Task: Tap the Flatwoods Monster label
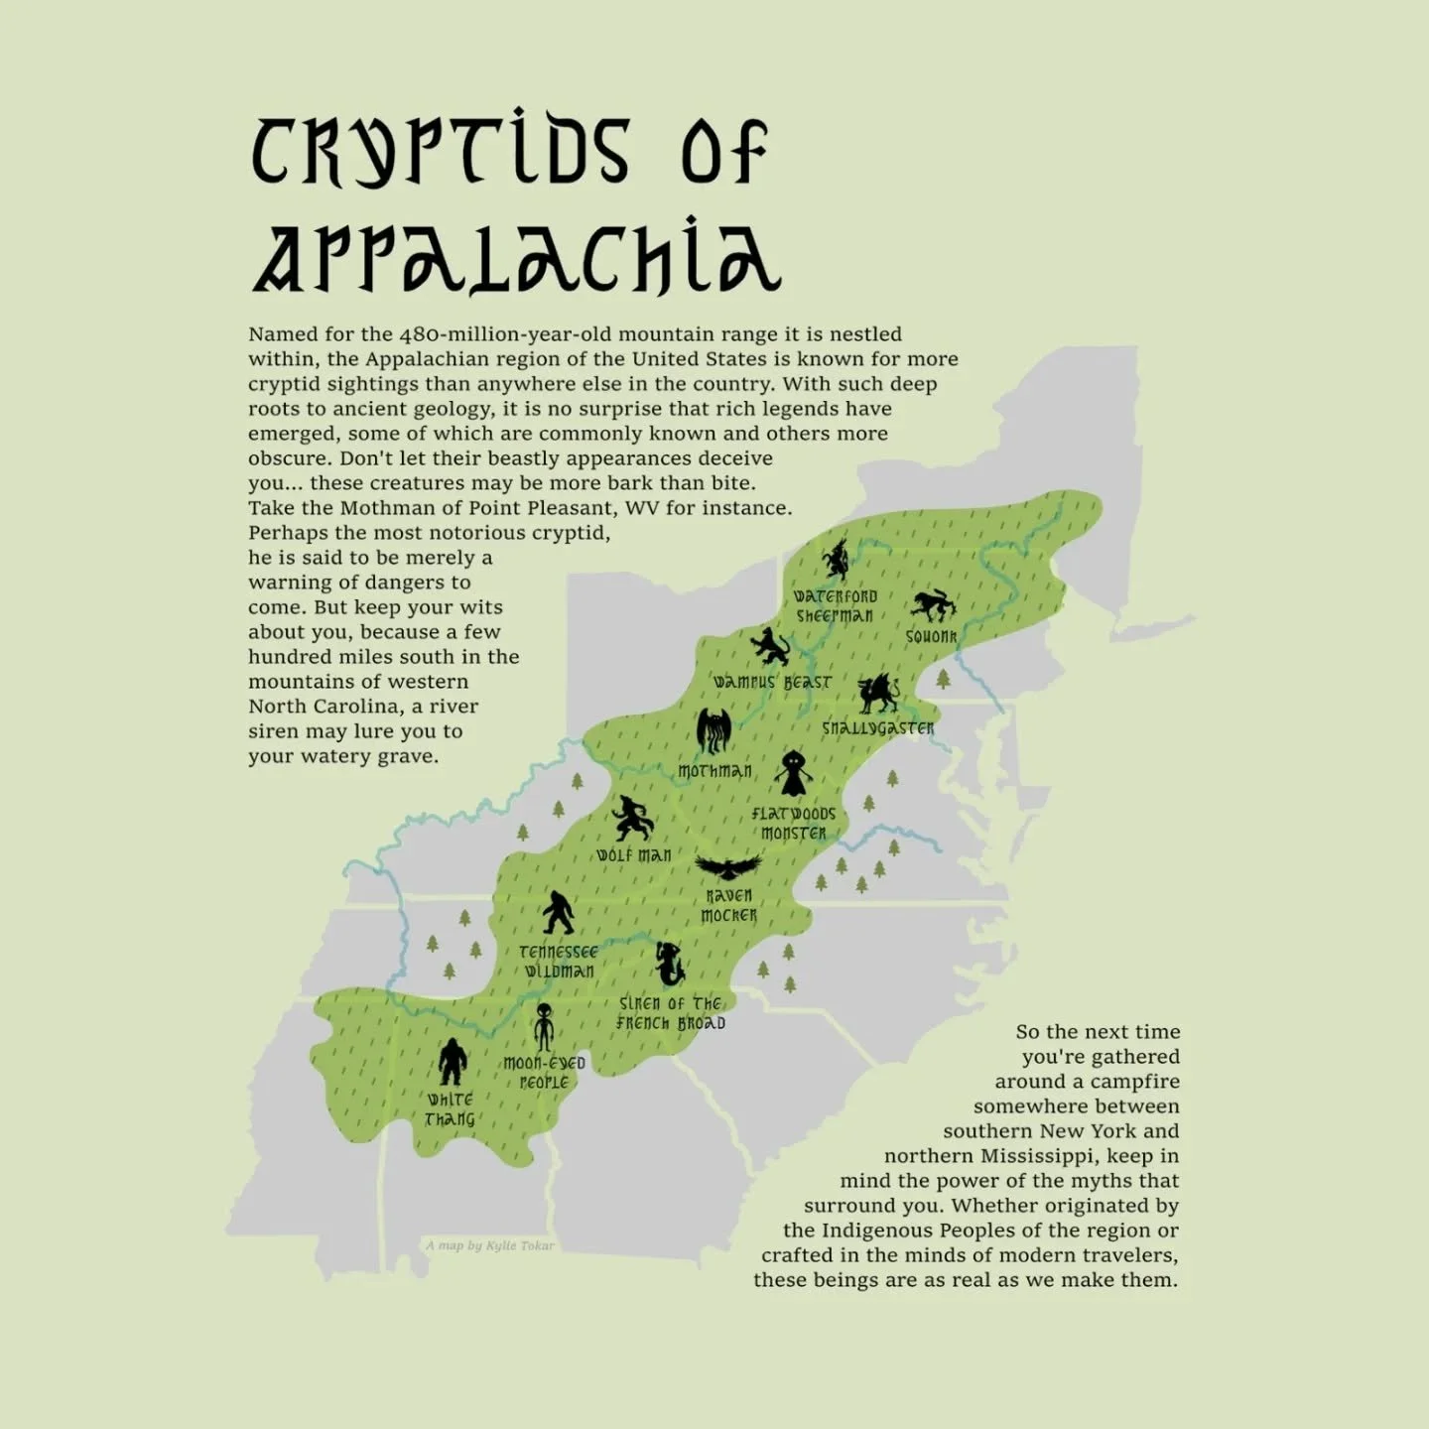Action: [x=793, y=824]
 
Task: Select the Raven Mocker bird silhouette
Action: [x=728, y=868]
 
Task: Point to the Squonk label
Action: [x=931, y=637]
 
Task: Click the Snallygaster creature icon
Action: [x=878, y=694]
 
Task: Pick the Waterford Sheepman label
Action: [x=836, y=606]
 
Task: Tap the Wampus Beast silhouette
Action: [x=770, y=646]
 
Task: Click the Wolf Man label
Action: [x=634, y=855]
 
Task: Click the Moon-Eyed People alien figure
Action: [x=544, y=1028]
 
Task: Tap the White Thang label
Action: [x=451, y=1109]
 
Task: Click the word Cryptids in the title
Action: [x=440, y=152]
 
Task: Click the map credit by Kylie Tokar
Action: [x=490, y=1245]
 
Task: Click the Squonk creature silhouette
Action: [x=933, y=604]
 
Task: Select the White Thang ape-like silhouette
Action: [x=453, y=1062]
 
